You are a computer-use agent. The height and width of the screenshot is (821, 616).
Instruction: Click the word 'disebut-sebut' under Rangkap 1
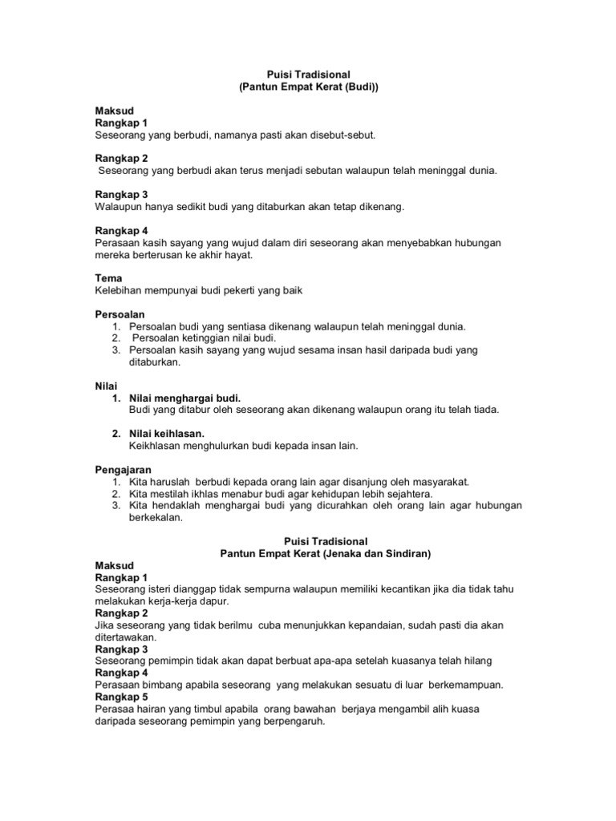342,135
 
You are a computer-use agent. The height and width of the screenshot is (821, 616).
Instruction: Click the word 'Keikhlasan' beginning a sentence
156,445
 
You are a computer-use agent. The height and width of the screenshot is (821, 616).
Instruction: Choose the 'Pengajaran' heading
124,469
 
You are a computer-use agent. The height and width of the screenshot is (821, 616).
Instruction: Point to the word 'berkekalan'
156,517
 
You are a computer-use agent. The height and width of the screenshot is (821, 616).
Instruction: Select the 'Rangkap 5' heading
121,697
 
